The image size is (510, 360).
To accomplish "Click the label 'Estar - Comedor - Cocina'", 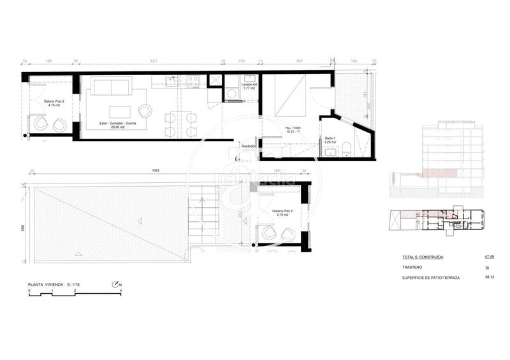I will click(115, 122).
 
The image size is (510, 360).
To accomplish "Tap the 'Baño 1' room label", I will click(330, 138).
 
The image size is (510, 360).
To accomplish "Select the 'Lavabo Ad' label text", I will click(249, 84).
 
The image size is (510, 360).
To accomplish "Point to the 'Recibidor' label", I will click(249, 147).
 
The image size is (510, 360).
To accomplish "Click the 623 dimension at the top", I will click(153, 62).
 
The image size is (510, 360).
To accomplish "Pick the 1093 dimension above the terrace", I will click(154, 171).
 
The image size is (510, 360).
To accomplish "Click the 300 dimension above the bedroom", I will click(299, 62).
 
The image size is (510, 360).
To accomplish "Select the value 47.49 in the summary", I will click(490, 257).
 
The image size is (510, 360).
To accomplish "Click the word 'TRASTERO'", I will click(413, 268).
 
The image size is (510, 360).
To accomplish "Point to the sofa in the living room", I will click(111, 87).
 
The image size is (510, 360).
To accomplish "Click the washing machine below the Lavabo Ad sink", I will click(233, 94).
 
